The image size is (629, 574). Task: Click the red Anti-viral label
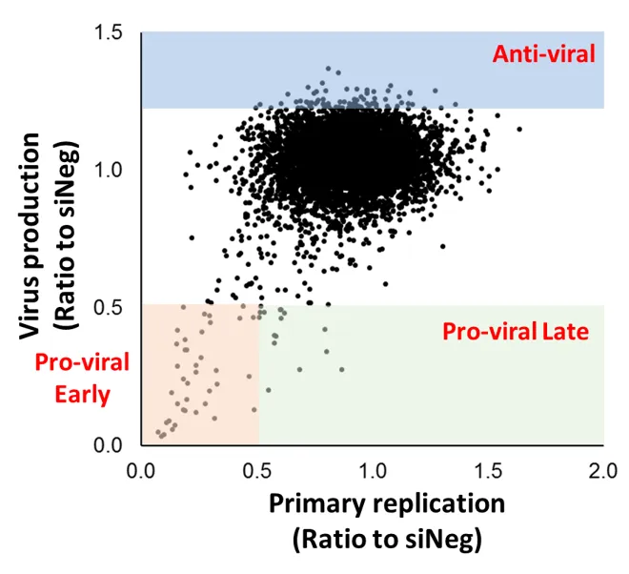click(x=543, y=54)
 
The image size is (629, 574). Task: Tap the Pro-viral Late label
click(x=516, y=332)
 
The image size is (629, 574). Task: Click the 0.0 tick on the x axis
click(x=142, y=471)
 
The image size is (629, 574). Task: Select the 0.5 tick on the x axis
click(x=257, y=471)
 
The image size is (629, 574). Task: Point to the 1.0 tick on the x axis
click(x=373, y=471)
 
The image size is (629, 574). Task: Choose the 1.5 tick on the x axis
click(x=488, y=471)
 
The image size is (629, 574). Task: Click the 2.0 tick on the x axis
click(x=603, y=471)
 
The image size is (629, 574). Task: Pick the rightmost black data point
click(x=519, y=129)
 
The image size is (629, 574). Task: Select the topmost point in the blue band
click(x=329, y=69)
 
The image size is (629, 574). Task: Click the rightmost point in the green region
click(x=341, y=369)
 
